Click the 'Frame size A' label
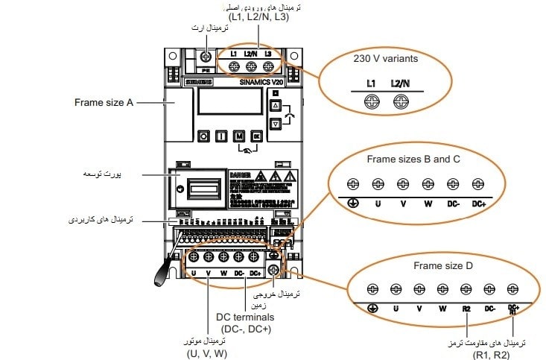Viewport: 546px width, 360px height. (x=104, y=101)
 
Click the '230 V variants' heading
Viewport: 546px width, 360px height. (x=385, y=57)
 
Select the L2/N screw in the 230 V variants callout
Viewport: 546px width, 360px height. (x=400, y=103)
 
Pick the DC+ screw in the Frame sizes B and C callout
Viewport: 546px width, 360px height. (x=477, y=183)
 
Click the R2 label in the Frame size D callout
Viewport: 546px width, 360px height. (x=466, y=307)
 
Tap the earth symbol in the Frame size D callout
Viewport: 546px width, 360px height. (x=372, y=307)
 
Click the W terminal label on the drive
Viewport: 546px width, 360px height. (x=223, y=274)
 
